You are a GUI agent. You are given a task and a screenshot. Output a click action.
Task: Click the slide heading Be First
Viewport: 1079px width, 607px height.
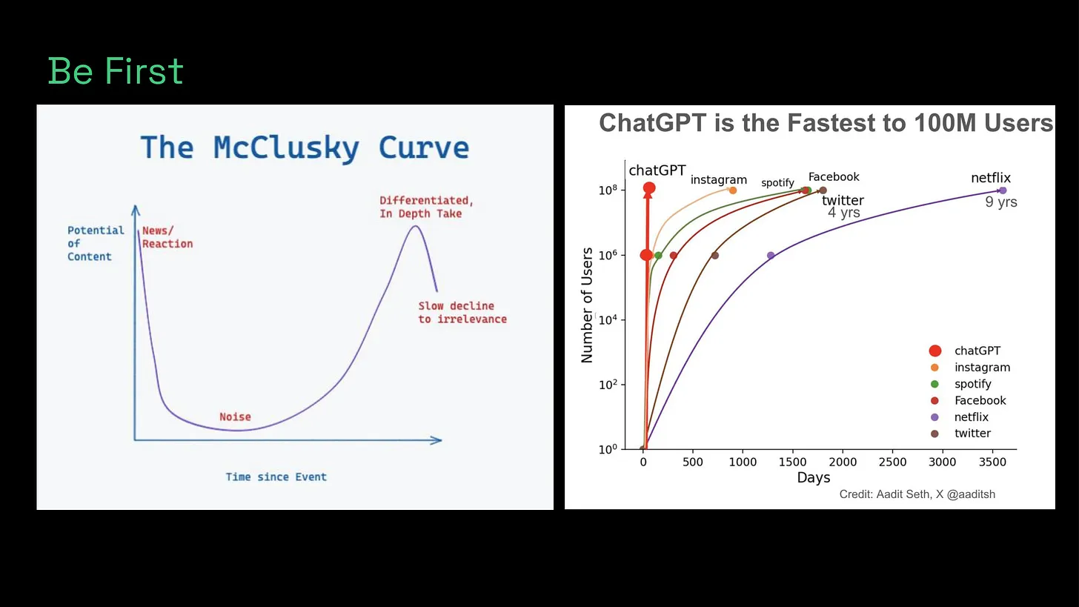[x=116, y=72]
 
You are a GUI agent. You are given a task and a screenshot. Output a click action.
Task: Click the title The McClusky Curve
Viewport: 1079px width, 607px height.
[x=305, y=147]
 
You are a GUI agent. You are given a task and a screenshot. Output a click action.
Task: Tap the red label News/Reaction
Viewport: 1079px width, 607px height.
[x=167, y=237]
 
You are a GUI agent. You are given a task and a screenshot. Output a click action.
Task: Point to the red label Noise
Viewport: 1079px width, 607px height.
[x=235, y=417]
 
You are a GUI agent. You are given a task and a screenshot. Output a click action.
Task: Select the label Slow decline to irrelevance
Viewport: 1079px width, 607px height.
[x=462, y=312]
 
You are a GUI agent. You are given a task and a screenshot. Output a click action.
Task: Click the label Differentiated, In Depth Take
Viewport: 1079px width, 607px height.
[x=426, y=207]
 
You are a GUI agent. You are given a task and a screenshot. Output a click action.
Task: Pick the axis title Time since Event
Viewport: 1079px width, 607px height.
[x=276, y=477]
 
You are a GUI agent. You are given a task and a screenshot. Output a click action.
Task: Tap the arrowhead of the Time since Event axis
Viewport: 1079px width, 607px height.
[x=436, y=440]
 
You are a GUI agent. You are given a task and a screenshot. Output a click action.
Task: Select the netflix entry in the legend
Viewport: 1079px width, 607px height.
[x=971, y=417]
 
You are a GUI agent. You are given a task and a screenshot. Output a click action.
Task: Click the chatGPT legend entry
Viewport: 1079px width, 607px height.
[x=977, y=351]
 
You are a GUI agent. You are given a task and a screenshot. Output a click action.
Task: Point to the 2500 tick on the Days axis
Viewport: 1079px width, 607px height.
[x=892, y=462]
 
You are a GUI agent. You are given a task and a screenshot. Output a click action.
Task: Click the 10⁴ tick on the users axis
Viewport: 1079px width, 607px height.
[x=608, y=320]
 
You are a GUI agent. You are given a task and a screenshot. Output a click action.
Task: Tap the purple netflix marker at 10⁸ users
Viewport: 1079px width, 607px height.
[x=1003, y=190]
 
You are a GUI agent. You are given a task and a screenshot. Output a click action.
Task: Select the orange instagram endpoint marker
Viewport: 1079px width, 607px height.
[x=733, y=190]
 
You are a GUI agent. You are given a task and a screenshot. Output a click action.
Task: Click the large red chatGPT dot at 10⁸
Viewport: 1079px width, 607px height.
[x=649, y=188]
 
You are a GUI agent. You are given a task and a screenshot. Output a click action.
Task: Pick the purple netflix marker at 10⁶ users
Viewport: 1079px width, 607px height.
[x=771, y=256]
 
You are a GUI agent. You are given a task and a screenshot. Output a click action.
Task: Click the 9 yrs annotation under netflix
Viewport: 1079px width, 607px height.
[x=1000, y=202]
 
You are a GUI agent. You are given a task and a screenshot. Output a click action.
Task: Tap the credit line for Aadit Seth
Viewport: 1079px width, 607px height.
[x=917, y=494]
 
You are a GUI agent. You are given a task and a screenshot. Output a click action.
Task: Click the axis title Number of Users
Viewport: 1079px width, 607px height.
[x=588, y=305]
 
